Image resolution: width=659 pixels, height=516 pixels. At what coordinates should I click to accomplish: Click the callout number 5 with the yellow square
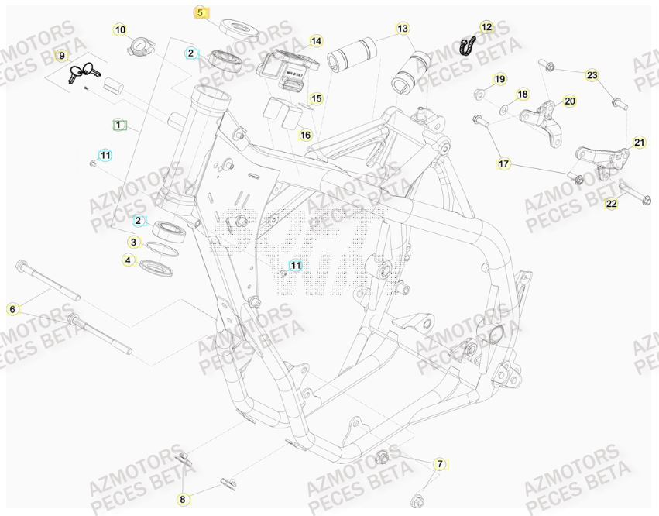pyautogui.click(x=200, y=12)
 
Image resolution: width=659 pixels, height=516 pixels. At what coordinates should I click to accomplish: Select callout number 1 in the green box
pyautogui.click(x=118, y=124)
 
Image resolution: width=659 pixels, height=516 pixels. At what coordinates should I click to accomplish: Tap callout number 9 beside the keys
pyautogui.click(x=63, y=56)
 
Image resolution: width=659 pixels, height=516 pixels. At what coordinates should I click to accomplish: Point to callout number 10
pyautogui.click(x=120, y=30)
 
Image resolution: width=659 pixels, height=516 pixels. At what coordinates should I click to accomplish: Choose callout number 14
pyautogui.click(x=316, y=41)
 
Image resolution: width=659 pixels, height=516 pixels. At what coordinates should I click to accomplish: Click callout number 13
pyautogui.click(x=402, y=29)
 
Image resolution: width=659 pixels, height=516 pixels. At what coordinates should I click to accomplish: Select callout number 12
pyautogui.click(x=486, y=27)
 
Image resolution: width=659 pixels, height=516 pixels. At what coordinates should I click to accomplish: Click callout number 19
pyautogui.click(x=499, y=79)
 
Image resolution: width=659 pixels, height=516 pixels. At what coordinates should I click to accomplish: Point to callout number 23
pyautogui.click(x=592, y=75)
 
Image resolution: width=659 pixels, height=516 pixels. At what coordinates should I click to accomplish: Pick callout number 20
pyautogui.click(x=570, y=101)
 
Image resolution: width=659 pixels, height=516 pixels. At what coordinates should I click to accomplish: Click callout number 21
pyautogui.click(x=639, y=142)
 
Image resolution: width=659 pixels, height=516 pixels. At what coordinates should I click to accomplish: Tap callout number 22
pyautogui.click(x=611, y=204)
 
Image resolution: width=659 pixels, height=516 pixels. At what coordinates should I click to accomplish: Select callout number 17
pyautogui.click(x=504, y=163)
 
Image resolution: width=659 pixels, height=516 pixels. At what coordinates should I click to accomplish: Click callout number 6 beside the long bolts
pyautogui.click(x=12, y=309)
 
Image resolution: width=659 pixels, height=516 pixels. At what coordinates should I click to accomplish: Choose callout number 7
pyautogui.click(x=440, y=464)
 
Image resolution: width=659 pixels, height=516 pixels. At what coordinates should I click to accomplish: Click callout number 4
pyautogui.click(x=129, y=261)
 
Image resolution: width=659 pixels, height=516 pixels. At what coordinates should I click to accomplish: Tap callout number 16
pyautogui.click(x=305, y=135)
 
